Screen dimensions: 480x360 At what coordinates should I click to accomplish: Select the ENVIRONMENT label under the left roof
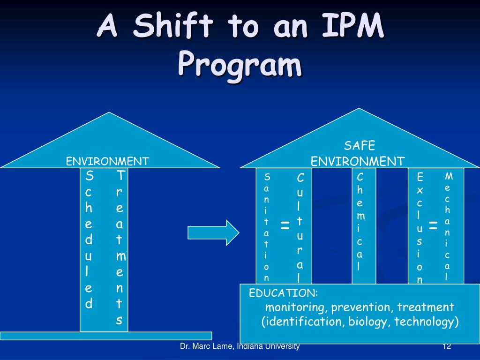pyautogui.click(x=107, y=162)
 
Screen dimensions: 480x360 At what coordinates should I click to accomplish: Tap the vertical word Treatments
pyautogui.click(x=120, y=248)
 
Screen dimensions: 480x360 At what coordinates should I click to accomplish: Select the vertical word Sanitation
pyautogui.click(x=267, y=227)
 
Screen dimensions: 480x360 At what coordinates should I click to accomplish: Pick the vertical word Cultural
pyautogui.click(x=300, y=228)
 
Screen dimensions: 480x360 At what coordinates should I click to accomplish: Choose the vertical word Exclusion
pyautogui.click(x=420, y=228)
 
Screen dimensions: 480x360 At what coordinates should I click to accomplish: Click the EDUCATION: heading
pyautogui.click(x=283, y=293)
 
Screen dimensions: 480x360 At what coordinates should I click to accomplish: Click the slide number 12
pyautogui.click(x=446, y=346)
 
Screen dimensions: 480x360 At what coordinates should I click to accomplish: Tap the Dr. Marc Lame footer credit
pyautogui.click(x=240, y=346)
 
